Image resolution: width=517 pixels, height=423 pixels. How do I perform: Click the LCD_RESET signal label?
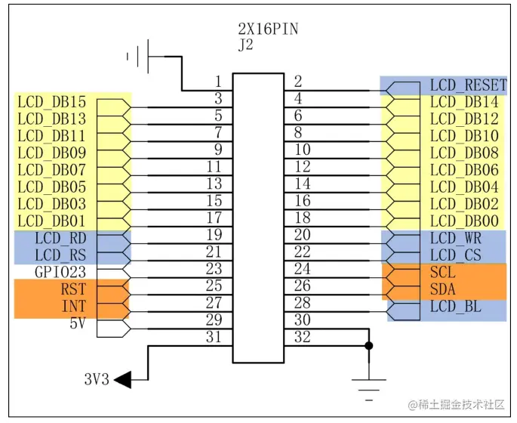click(x=468, y=85)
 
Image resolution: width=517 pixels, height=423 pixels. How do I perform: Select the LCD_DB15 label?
click(x=52, y=102)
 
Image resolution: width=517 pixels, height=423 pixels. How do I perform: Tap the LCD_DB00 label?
click(x=464, y=221)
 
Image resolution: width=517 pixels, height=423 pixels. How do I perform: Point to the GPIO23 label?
click(x=60, y=272)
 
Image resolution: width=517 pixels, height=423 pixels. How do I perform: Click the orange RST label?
click(x=73, y=289)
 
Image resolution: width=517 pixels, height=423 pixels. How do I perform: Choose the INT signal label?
click(x=74, y=306)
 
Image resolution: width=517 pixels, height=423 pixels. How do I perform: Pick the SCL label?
click(x=442, y=272)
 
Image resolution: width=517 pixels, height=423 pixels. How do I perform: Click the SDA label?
click(x=442, y=289)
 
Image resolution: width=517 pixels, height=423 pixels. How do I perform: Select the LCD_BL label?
click(x=455, y=307)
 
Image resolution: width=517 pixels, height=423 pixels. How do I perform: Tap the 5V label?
click(x=78, y=323)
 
